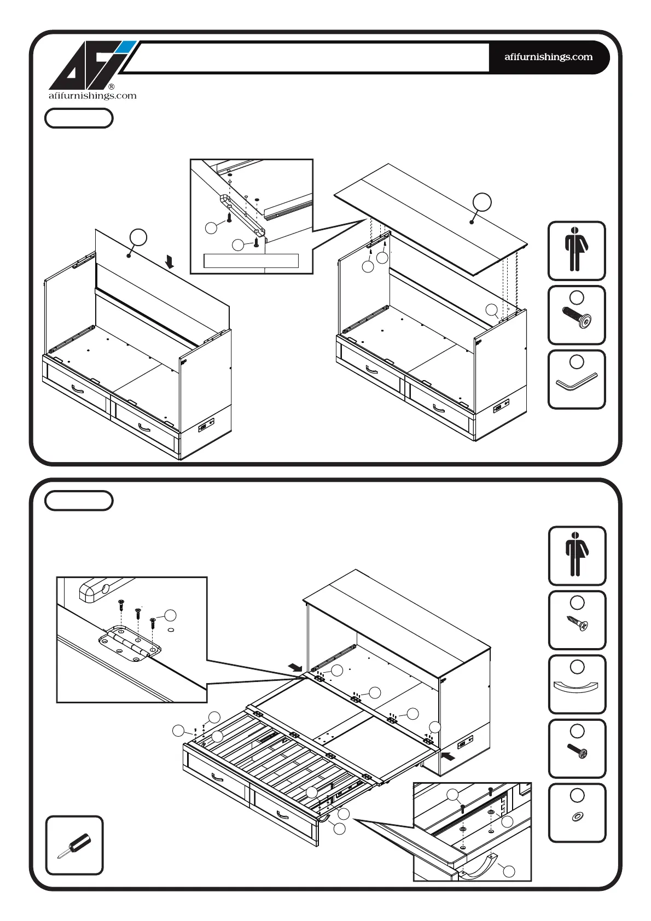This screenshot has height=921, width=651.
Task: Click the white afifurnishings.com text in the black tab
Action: [x=548, y=57]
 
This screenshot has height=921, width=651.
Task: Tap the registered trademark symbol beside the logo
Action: [x=112, y=86]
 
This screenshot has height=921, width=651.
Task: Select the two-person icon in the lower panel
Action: [x=577, y=555]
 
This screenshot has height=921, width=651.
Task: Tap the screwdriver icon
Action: [x=74, y=846]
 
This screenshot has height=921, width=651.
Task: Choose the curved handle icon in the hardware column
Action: [x=577, y=686]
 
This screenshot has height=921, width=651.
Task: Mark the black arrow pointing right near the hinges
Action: [x=295, y=667]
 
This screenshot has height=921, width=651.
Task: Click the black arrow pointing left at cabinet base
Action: [x=448, y=757]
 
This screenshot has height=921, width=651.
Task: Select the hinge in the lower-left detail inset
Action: [x=130, y=643]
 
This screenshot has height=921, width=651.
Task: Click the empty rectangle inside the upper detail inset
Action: [x=251, y=260]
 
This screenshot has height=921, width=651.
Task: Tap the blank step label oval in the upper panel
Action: [x=79, y=118]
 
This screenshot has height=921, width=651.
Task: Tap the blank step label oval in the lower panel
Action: [x=79, y=500]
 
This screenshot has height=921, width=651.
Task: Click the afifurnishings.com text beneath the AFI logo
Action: [x=92, y=96]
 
